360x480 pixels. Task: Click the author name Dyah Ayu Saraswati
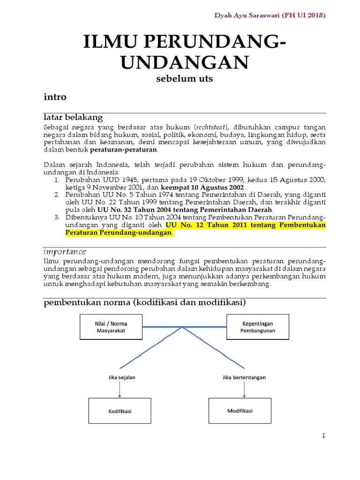pyautogui.click(x=247, y=15)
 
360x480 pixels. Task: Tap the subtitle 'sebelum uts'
pyautogui.click(x=184, y=79)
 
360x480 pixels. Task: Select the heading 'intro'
pyautogui.click(x=55, y=97)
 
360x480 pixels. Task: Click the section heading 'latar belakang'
pyautogui.click(x=73, y=117)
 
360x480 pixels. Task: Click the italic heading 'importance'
pyautogui.click(x=65, y=252)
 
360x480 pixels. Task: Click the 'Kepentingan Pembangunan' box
pyautogui.click(x=257, y=327)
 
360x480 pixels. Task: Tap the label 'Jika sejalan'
pyautogui.click(x=120, y=376)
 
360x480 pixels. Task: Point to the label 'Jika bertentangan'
pyautogui.click(x=240, y=376)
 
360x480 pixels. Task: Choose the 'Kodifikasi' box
pyautogui.click(x=120, y=411)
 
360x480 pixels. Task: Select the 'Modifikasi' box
pyautogui.click(x=240, y=411)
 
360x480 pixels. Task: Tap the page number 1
pyautogui.click(x=323, y=436)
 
